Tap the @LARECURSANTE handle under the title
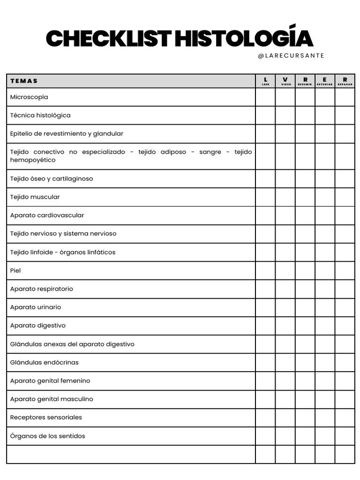291,56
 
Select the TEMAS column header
24,81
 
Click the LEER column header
265,81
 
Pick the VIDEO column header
285,81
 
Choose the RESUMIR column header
305,81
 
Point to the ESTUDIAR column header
325,81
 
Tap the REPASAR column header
345,81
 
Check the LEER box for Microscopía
265,97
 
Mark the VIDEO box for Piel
285,270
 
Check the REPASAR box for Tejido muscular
345,197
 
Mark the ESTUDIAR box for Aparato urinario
325,307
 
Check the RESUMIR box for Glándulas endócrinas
305,362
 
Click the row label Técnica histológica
40,115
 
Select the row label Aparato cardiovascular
47,215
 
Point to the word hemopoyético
33,160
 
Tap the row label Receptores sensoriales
46,417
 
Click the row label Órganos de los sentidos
48,436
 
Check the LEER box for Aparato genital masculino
265,399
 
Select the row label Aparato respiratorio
42,289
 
